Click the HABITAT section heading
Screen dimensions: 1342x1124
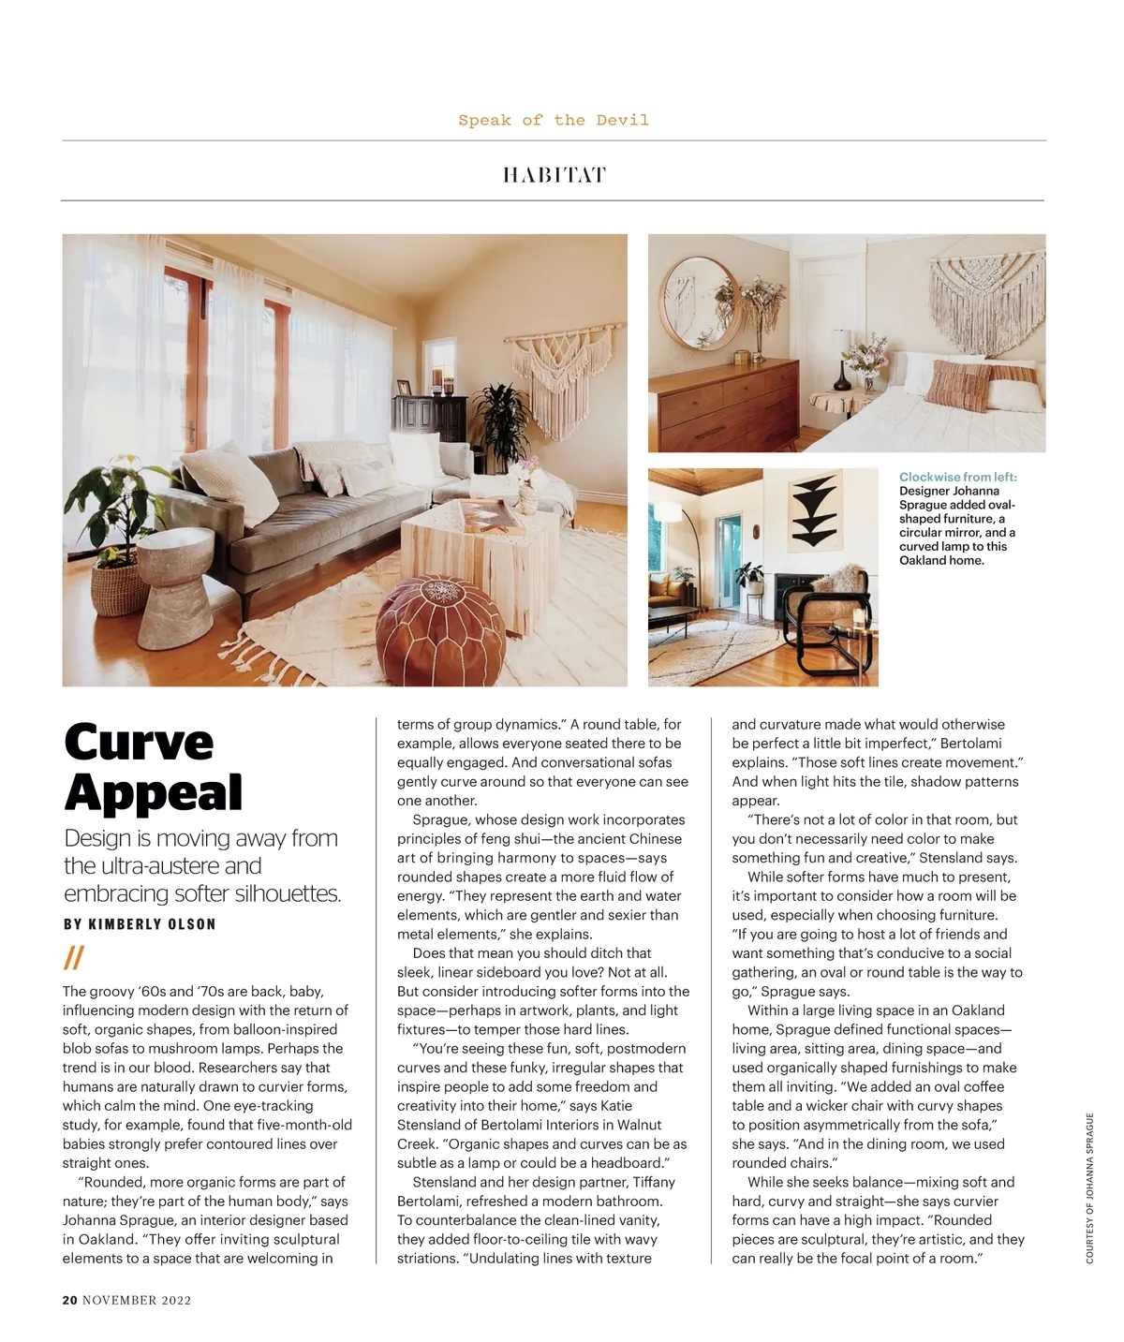[x=554, y=175]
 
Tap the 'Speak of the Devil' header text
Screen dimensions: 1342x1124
[x=554, y=120]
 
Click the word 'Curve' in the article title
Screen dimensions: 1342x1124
[x=139, y=743]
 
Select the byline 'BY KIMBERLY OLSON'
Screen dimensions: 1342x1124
[x=140, y=924]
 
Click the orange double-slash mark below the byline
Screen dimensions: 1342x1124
[x=73, y=958]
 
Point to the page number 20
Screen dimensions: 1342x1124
[x=69, y=1300]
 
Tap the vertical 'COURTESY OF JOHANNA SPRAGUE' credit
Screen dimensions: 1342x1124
[x=1089, y=1187]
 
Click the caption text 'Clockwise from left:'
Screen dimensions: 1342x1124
[x=957, y=477]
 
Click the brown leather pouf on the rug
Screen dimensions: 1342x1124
[x=440, y=623]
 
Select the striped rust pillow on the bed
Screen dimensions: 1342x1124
[x=957, y=383]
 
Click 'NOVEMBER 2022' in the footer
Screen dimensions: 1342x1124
[x=137, y=1300]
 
